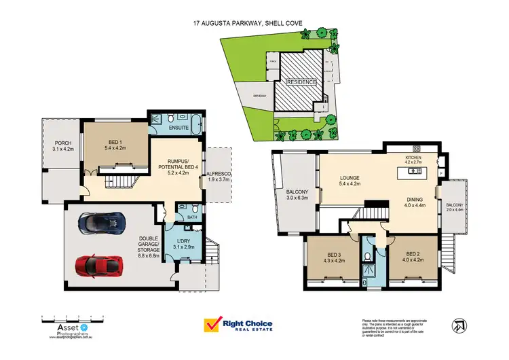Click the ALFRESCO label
click(x=220, y=175)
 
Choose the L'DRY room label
click(x=184, y=243)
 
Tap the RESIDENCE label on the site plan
click(x=301, y=82)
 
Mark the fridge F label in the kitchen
click(x=442, y=175)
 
